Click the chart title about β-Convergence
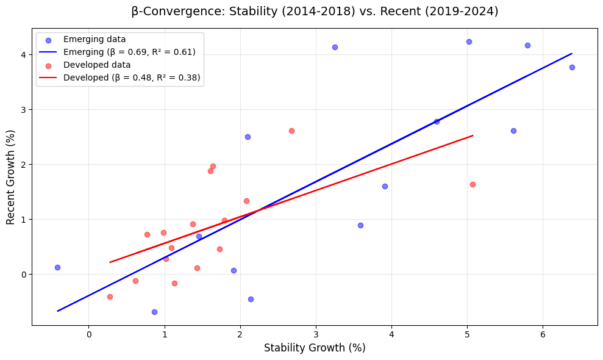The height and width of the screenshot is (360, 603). (x=315, y=11)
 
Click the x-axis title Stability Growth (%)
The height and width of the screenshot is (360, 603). (x=315, y=348)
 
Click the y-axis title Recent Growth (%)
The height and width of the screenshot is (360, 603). (x=11, y=176)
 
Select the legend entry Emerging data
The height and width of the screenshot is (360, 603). (x=94, y=40)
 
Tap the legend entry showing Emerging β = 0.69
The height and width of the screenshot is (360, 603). (x=129, y=52)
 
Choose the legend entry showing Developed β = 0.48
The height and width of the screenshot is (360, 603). (x=132, y=77)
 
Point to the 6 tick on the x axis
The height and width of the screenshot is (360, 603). (x=543, y=334)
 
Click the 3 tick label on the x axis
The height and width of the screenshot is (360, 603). (x=316, y=334)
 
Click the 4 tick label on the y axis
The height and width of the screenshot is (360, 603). (x=24, y=55)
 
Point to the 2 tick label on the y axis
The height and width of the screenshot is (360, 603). (x=24, y=165)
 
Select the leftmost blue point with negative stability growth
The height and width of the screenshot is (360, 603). (x=57, y=267)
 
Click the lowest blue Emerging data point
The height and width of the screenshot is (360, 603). (x=154, y=312)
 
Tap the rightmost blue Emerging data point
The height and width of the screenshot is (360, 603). (x=572, y=67)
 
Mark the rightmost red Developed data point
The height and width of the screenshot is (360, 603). (x=473, y=184)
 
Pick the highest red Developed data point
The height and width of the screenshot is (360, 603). (x=291, y=131)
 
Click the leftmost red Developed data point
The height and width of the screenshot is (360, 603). (x=110, y=297)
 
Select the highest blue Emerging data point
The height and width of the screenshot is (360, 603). (x=469, y=41)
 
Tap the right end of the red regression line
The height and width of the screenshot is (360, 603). (x=473, y=135)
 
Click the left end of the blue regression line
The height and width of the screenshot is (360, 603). (x=57, y=311)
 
